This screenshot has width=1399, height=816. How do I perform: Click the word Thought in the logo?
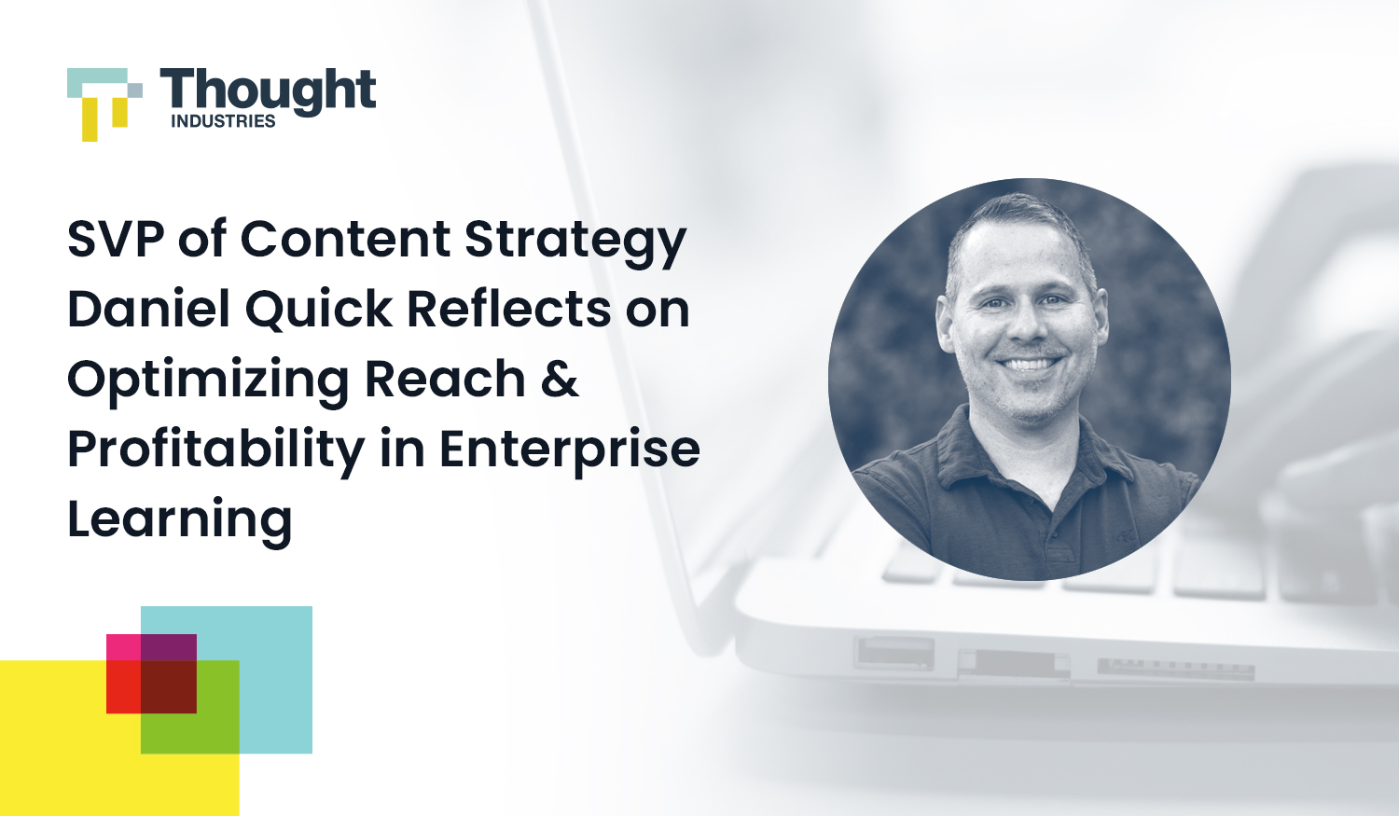pos(269,91)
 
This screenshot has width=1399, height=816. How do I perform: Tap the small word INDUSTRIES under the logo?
pos(223,121)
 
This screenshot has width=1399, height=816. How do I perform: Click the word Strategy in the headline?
pos(575,241)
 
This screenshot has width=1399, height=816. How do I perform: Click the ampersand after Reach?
pos(560,379)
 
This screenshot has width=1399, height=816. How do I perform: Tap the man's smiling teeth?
pos(1029,364)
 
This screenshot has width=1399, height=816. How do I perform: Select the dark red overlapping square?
pos(169,687)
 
